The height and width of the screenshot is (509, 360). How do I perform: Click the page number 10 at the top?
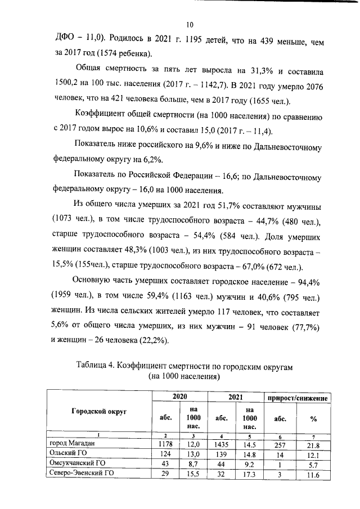click(x=189, y=24)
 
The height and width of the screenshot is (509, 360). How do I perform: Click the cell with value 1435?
click(x=221, y=444)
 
